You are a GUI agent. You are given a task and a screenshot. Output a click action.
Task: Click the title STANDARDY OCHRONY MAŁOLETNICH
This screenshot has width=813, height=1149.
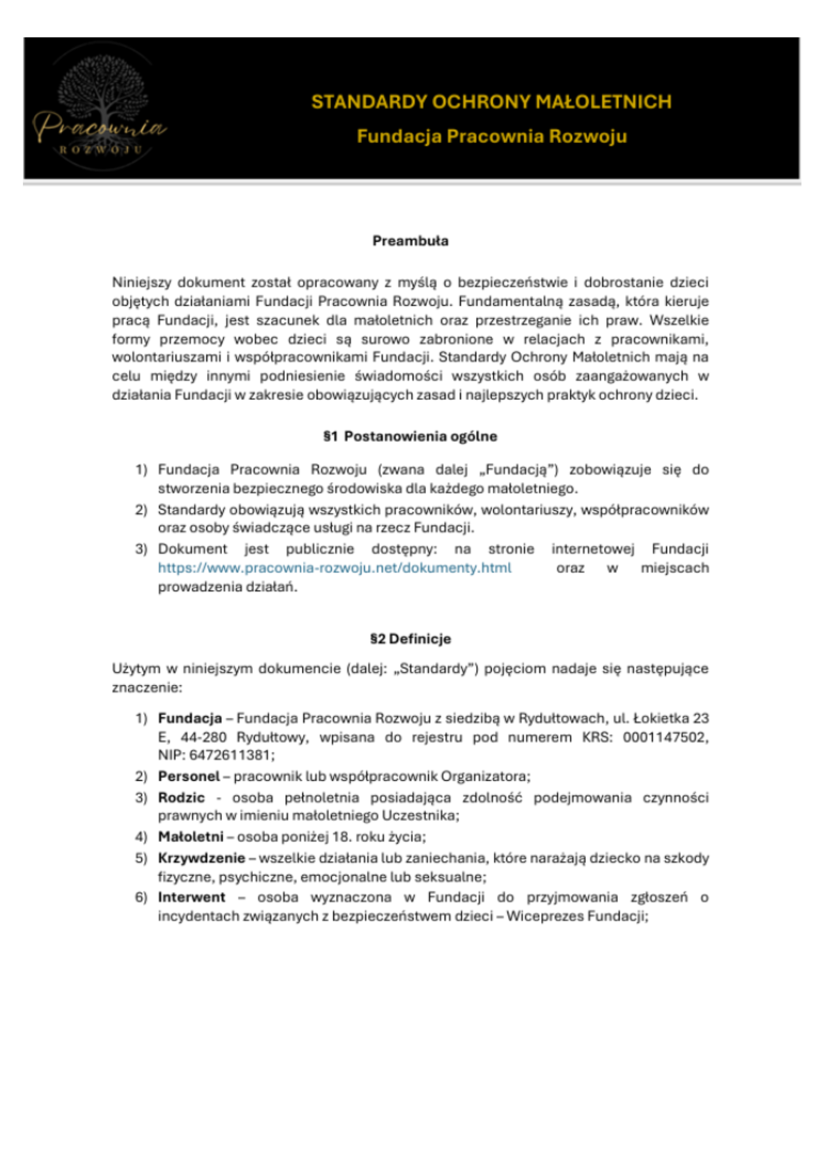(x=491, y=102)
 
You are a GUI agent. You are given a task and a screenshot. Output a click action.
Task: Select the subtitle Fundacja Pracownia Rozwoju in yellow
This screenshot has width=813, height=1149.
(x=491, y=136)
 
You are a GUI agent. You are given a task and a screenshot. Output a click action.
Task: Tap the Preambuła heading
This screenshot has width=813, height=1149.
(x=410, y=241)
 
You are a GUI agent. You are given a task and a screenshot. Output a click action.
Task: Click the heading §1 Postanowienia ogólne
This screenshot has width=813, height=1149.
(x=410, y=436)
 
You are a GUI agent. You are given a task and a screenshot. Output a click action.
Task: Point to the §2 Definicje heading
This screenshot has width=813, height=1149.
(x=410, y=639)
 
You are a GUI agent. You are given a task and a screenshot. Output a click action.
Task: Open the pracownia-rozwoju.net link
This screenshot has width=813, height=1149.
(x=335, y=568)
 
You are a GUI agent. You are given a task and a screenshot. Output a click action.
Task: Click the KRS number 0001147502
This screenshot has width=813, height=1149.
(x=665, y=737)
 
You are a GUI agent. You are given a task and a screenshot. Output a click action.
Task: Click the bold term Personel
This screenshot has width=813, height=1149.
(x=189, y=776)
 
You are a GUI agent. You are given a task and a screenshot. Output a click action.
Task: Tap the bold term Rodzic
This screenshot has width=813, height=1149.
(x=181, y=797)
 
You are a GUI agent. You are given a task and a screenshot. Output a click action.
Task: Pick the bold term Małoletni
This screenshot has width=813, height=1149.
(x=190, y=836)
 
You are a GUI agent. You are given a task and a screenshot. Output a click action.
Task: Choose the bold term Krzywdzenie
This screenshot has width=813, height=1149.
(x=201, y=858)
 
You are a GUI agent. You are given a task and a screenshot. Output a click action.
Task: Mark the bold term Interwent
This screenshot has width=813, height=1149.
(x=191, y=897)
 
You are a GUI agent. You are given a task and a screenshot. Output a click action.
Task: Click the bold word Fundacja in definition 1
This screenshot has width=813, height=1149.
(x=190, y=718)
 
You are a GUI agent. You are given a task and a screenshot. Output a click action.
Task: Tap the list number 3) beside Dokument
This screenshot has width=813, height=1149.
(x=141, y=549)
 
